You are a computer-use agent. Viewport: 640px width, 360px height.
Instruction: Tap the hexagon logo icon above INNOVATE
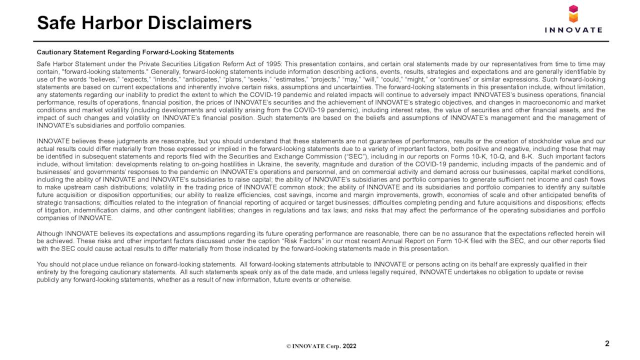tap(573, 14)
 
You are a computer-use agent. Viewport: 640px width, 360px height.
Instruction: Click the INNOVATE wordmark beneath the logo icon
tap(573, 30)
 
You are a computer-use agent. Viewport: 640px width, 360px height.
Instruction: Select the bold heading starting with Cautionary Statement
tap(135, 52)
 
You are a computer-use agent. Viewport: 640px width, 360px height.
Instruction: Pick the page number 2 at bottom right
tap(607, 343)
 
